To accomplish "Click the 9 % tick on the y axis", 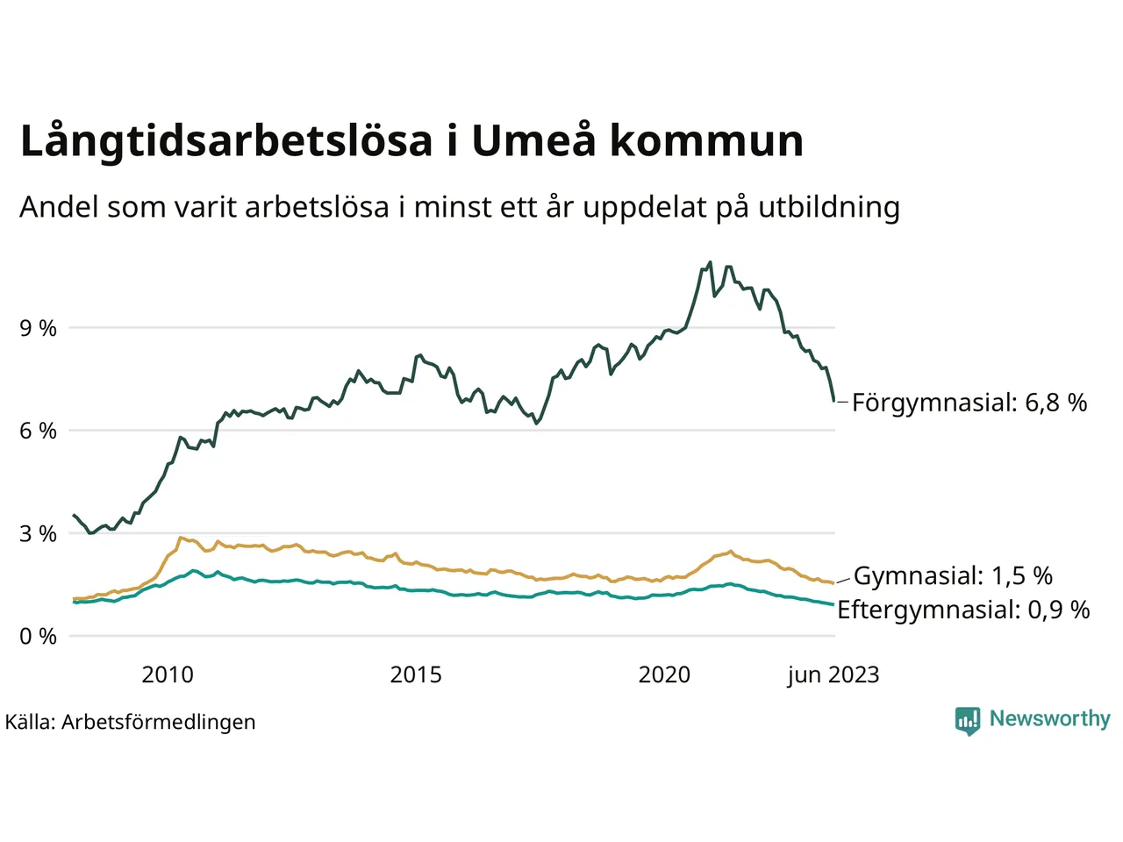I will tap(38, 328).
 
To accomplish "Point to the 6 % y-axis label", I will tap(38, 431).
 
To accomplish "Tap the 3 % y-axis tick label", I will tap(38, 533).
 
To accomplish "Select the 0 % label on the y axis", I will tap(38, 636).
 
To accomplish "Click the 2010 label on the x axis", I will tap(168, 674).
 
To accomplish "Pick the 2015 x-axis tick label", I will tap(416, 674).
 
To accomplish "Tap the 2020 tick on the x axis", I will tap(664, 674).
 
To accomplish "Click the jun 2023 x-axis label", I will tap(833, 674).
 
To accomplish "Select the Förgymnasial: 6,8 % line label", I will tap(969, 403).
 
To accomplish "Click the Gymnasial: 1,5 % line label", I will tap(953, 575).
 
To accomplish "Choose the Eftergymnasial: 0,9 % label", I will tap(963, 610).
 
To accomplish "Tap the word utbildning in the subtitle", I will tap(829, 207).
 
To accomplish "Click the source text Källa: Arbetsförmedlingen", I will tap(131, 722).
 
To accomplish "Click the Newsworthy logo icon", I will tap(968, 721).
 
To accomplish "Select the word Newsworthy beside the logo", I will tap(1049, 718).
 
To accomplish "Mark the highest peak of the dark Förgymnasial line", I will tap(710, 262).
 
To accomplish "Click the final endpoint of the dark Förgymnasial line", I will tap(833, 401).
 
